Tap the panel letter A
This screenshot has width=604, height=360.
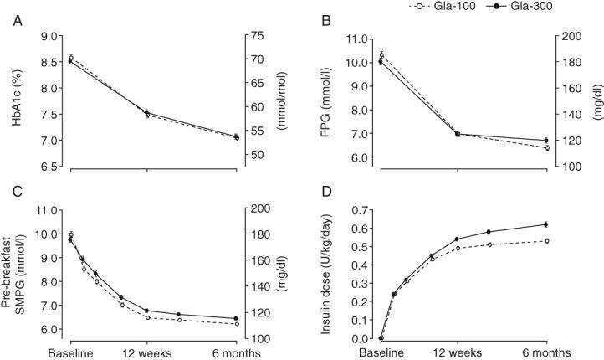tap(16, 23)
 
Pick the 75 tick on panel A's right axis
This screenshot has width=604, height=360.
tap(252, 37)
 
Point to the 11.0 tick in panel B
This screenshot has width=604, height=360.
tap(360, 39)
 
